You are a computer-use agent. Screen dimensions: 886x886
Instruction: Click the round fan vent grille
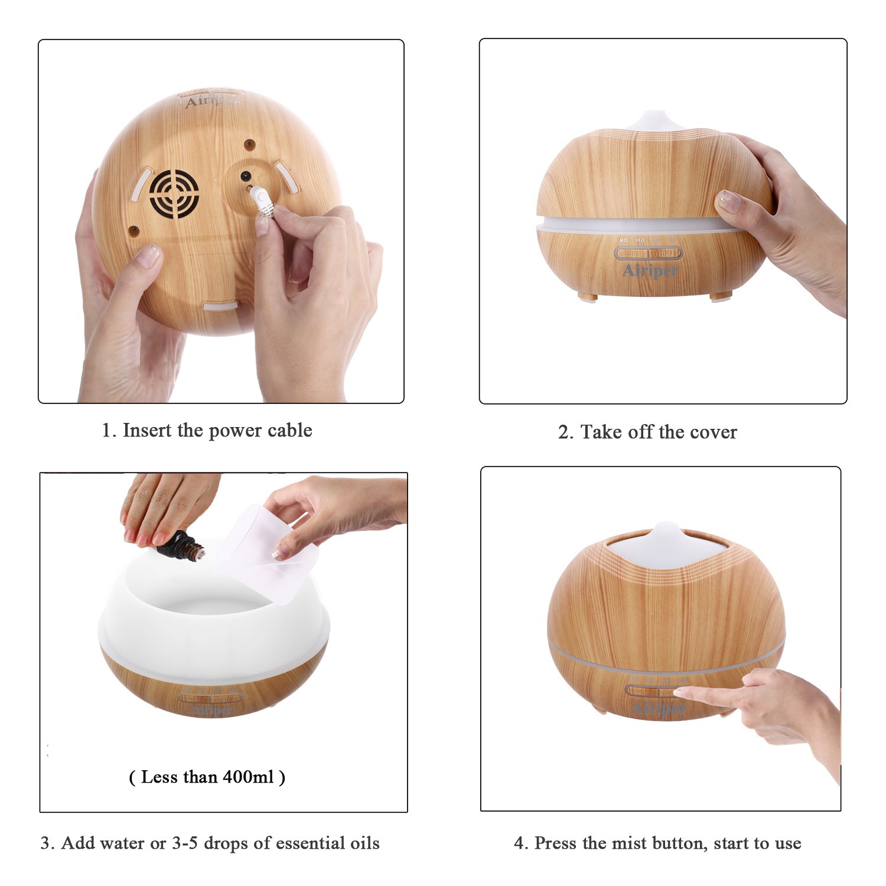point(174,194)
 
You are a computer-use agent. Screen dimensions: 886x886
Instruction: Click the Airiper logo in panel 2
point(650,271)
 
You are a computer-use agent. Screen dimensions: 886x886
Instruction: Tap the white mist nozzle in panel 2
point(653,120)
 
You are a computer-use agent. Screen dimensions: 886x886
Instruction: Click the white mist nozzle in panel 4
point(666,531)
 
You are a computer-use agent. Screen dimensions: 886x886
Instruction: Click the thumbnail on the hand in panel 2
point(728,201)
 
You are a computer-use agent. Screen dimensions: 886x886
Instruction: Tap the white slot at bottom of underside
point(220,305)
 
